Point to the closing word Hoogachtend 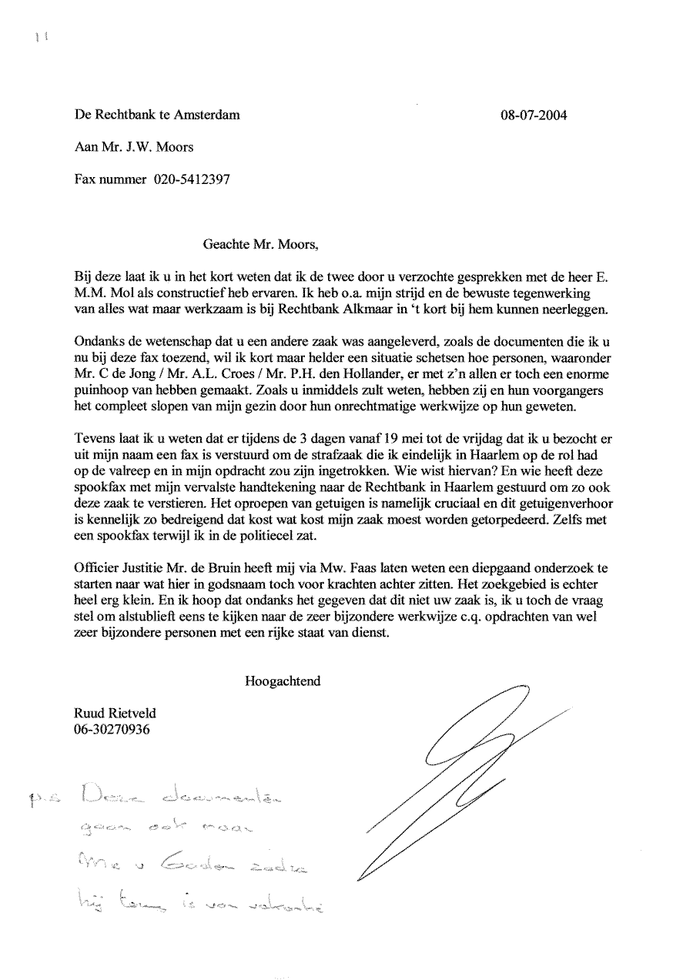point(283,681)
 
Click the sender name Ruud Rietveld point(114,714)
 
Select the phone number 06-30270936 point(112,728)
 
